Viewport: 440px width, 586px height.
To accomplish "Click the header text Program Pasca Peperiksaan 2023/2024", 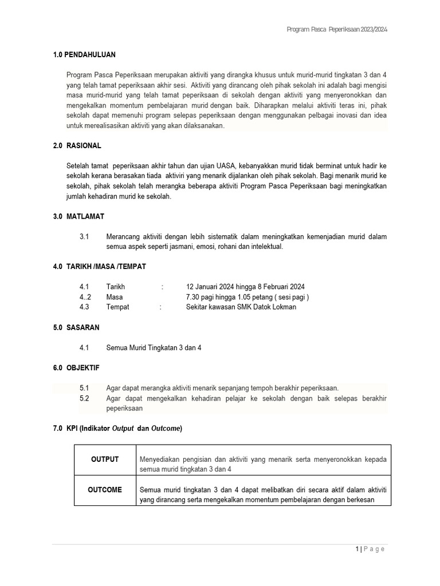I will click(x=340, y=29).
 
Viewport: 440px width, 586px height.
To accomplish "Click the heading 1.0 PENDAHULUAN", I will click(x=84, y=54).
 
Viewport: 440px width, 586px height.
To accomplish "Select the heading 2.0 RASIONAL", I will click(x=77, y=146).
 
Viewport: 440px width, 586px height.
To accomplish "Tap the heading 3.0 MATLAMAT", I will click(x=78, y=217).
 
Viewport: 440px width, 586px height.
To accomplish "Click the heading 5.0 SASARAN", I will click(x=76, y=328).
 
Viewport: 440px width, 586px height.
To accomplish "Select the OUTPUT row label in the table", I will click(x=104, y=460).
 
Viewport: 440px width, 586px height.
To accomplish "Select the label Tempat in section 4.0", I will click(x=117, y=307).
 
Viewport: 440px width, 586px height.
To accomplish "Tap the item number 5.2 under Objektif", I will click(x=84, y=398).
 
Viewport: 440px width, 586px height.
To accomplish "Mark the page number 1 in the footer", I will click(x=357, y=549).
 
